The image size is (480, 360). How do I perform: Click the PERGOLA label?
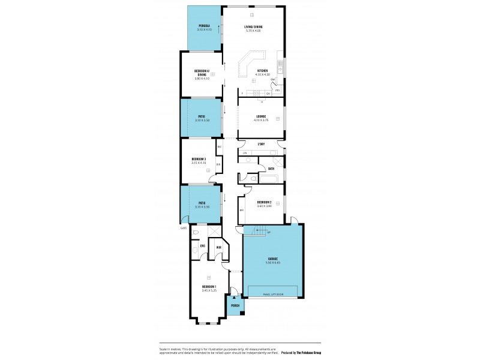[x=204, y=26]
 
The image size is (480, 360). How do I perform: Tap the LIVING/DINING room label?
[x=253, y=27]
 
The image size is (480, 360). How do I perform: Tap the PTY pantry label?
[x=278, y=90]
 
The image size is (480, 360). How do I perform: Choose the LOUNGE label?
[x=261, y=116]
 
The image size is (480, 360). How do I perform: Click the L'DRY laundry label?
[x=261, y=145]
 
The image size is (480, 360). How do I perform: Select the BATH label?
[x=271, y=169]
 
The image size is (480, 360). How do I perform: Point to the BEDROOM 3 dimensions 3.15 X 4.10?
[x=199, y=163]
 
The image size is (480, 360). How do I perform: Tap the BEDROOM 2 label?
[x=265, y=202]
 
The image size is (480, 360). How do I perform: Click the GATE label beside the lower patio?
[x=184, y=228]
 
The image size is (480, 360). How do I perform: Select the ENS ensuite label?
[x=202, y=246]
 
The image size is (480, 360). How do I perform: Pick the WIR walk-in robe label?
[x=219, y=248]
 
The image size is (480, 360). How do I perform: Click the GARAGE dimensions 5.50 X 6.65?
[x=273, y=263]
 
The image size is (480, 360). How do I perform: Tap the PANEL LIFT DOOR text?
[x=273, y=295]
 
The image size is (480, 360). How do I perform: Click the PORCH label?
[x=235, y=306]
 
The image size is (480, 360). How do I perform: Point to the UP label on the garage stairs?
[x=268, y=232]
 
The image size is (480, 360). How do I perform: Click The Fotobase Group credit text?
[x=307, y=352]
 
